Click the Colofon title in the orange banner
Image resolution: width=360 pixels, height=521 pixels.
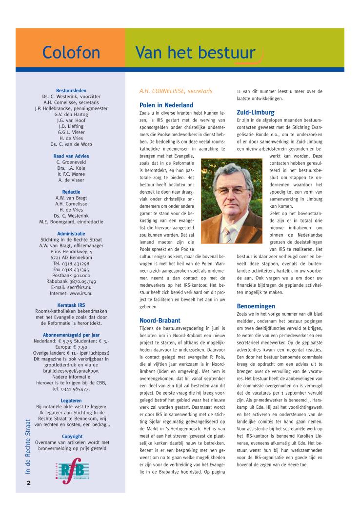click(x=71, y=52)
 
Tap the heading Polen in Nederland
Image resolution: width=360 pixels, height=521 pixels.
click(x=166, y=105)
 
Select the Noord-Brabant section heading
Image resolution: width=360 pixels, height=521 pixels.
click(x=160, y=321)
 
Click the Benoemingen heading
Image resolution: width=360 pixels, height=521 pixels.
click(x=257, y=306)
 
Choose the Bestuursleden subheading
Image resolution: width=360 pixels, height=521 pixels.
click(x=71, y=91)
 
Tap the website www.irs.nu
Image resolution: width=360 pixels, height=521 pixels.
click(x=71, y=293)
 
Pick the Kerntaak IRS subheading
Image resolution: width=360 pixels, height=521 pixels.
click(x=71, y=305)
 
